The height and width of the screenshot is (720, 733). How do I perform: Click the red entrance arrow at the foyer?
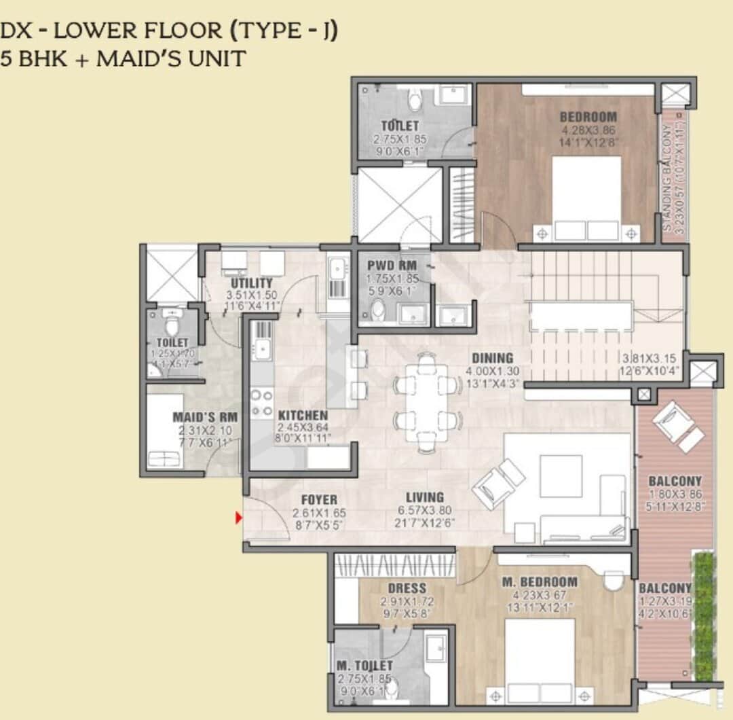click(x=238, y=518)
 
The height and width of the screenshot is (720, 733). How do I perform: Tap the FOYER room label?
click(x=319, y=500)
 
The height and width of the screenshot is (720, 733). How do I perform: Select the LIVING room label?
click(x=425, y=497)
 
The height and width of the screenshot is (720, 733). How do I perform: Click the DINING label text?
click(x=493, y=358)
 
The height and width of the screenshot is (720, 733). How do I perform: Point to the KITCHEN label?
click(x=303, y=415)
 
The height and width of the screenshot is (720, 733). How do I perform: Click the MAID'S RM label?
click(x=204, y=417)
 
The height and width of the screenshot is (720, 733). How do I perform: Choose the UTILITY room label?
click(x=252, y=283)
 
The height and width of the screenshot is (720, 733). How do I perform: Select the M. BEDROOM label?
click(x=540, y=582)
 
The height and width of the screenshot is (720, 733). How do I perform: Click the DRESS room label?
click(x=407, y=588)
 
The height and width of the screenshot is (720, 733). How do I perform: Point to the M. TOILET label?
click(x=364, y=666)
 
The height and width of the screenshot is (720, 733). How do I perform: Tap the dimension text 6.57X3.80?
click(x=425, y=511)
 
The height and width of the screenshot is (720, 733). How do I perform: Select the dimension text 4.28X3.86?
click(x=588, y=130)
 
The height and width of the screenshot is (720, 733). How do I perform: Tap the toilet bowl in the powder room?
click(x=378, y=310)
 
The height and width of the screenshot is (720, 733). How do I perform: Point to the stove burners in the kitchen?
click(x=262, y=403)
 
